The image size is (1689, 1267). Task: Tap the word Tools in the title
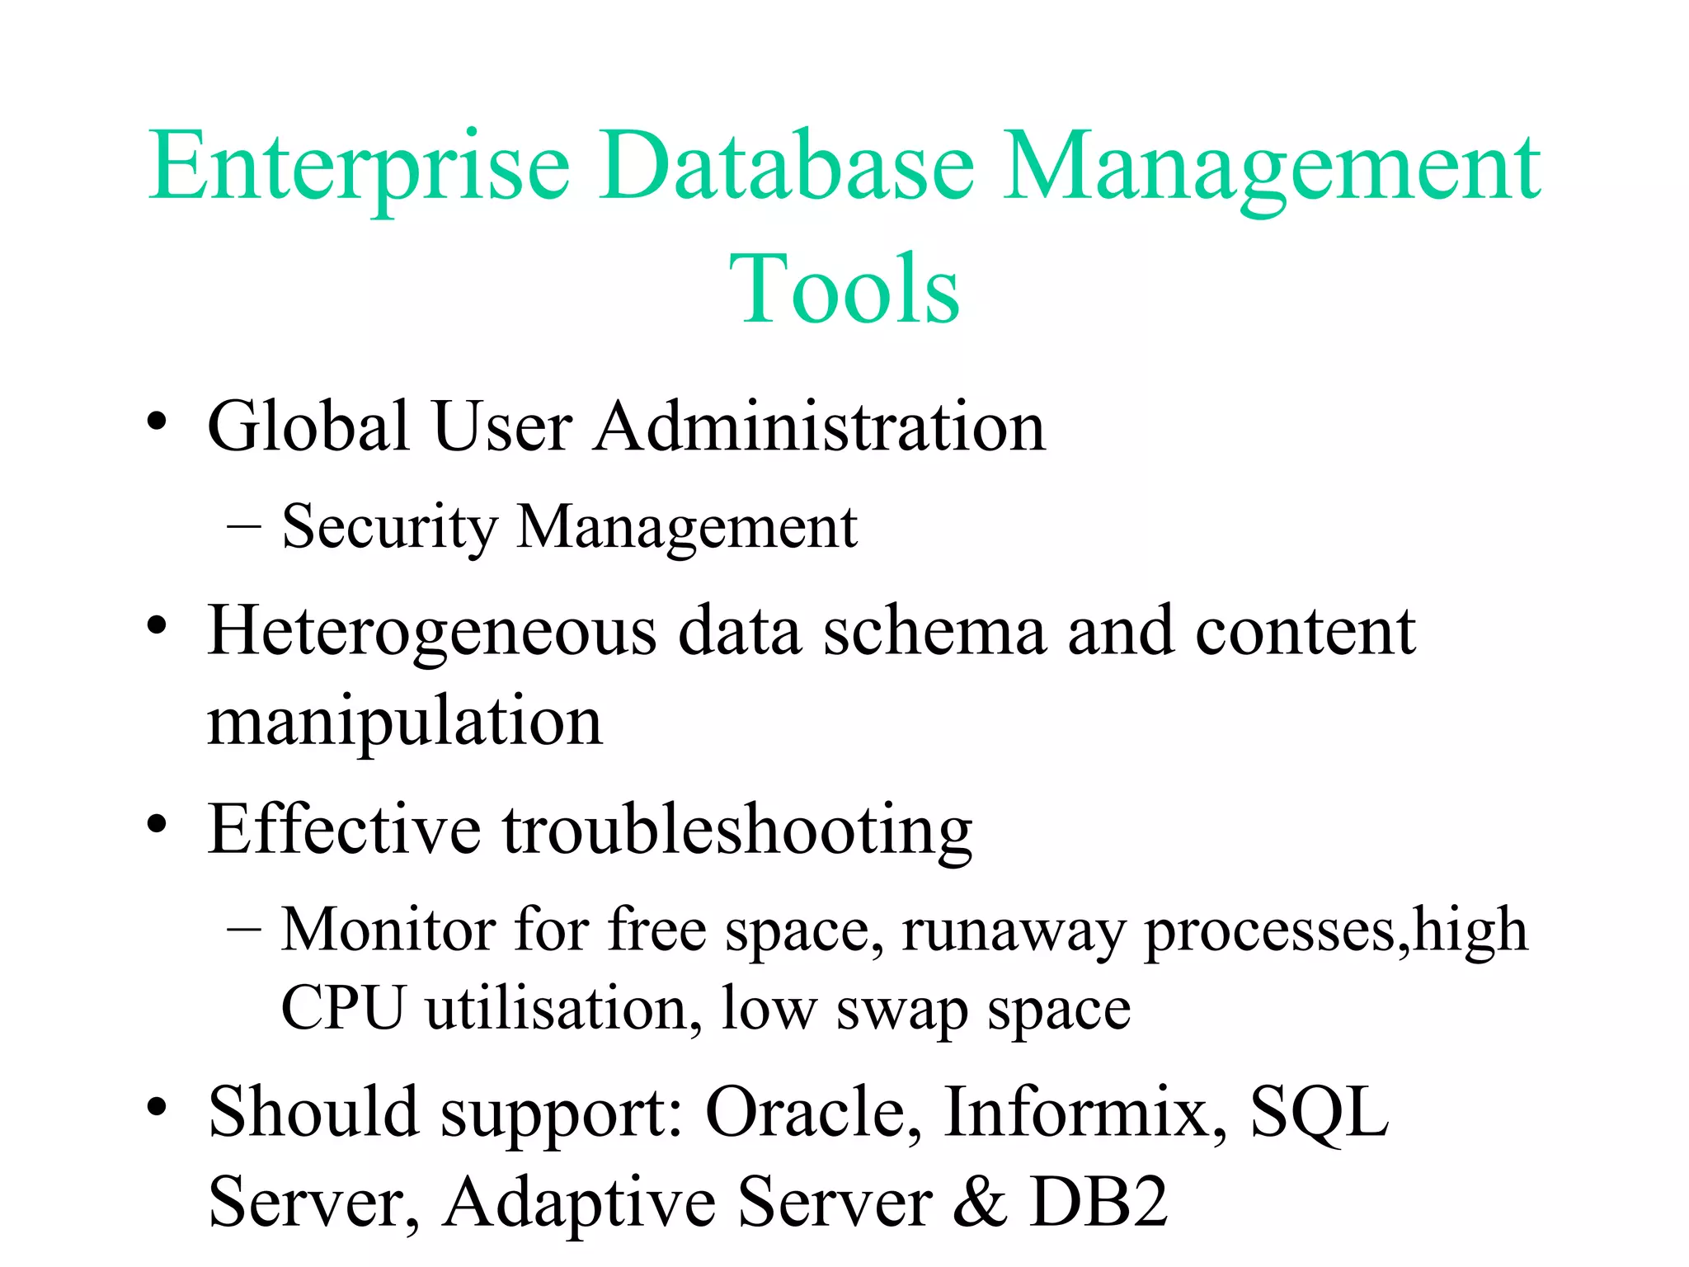pos(844,289)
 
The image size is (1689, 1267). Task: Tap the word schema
pos(934,632)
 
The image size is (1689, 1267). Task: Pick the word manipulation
pos(405,723)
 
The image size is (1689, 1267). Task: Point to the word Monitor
pos(388,930)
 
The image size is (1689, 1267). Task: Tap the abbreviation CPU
pos(343,1007)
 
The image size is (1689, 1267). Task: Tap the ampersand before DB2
pos(980,1203)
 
